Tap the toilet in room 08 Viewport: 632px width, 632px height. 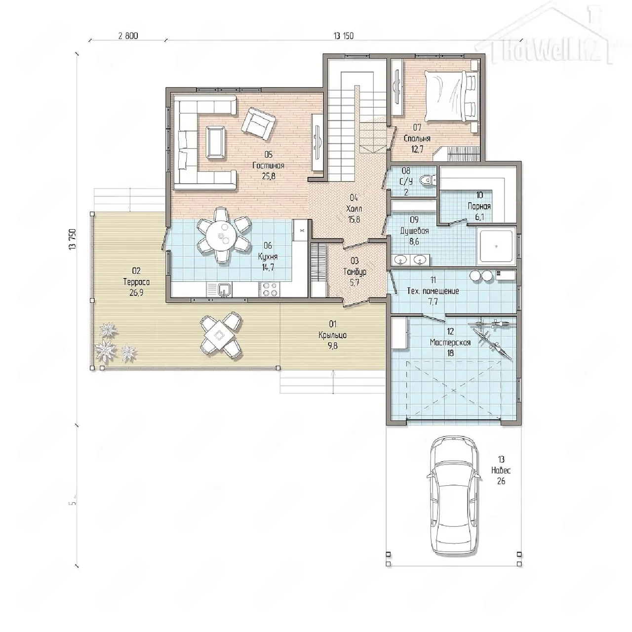tap(429, 180)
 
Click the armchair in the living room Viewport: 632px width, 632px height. tap(258, 123)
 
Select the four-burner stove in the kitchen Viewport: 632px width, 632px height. tap(270, 290)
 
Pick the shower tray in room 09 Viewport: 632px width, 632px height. tap(496, 246)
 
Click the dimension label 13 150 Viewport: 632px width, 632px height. tap(344, 36)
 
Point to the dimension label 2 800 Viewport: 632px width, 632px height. tap(128, 36)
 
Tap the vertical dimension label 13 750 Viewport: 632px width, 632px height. tap(73, 239)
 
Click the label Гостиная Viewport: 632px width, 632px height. tap(268, 165)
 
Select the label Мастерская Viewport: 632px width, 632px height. tap(450, 342)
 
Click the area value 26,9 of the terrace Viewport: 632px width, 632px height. tap(136, 293)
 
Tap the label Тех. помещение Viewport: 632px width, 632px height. tap(433, 291)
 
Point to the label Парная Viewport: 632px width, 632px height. tap(479, 206)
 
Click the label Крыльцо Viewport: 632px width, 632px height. tap(333, 335)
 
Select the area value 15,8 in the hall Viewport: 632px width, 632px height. tap(354, 219)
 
